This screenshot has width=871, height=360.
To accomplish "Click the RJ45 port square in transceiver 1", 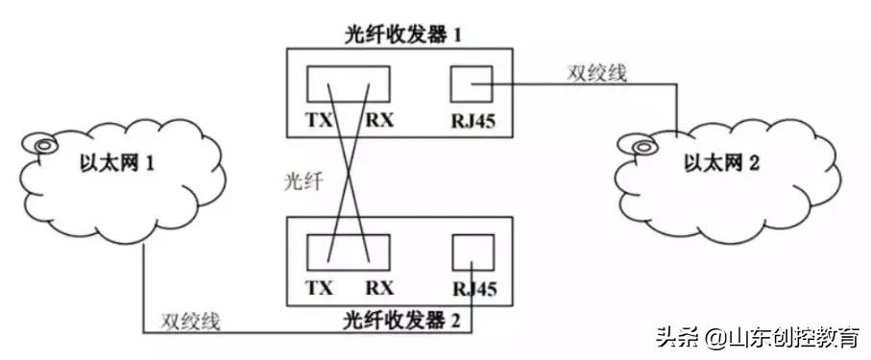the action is click(x=471, y=84).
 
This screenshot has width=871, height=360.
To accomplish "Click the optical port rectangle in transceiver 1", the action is click(x=348, y=84).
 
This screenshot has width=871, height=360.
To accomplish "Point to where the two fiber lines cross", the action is click(x=349, y=169).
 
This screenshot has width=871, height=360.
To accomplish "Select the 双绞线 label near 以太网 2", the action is click(x=596, y=73).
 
